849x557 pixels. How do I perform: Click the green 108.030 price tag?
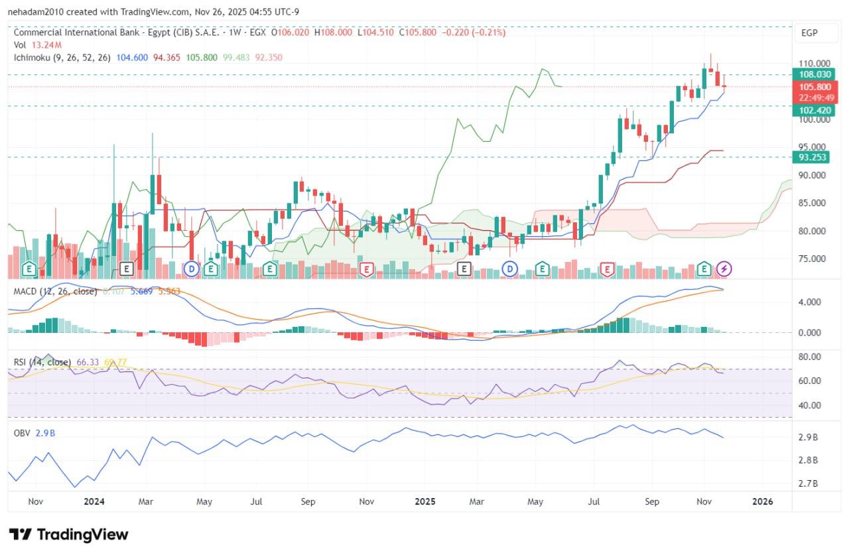[815, 75]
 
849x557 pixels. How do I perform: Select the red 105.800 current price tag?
[815, 87]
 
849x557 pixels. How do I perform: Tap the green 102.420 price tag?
[815, 110]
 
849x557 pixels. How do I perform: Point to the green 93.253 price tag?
[815, 157]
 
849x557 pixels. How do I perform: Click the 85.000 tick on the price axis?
[815, 203]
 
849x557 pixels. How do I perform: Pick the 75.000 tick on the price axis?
[815, 259]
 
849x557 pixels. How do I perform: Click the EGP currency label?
[809, 32]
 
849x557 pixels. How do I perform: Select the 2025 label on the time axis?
[424, 502]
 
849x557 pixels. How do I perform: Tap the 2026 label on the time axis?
[763, 502]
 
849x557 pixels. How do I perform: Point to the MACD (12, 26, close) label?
[55, 291]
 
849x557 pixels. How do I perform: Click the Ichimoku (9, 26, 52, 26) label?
[63, 58]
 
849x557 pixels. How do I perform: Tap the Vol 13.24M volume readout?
[38, 45]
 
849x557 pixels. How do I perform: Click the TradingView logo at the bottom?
[68, 534]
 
